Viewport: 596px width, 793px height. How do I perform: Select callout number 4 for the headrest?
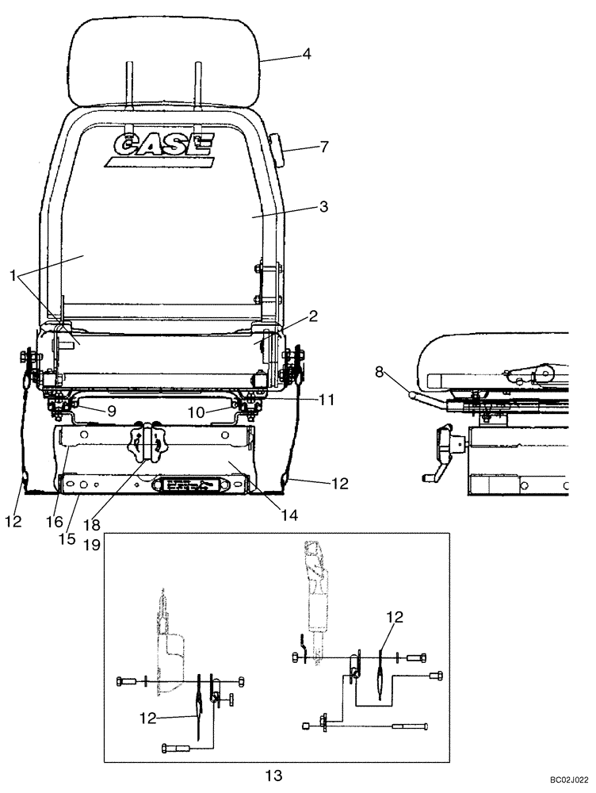click(x=306, y=56)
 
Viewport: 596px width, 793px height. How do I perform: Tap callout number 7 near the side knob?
click(x=301, y=147)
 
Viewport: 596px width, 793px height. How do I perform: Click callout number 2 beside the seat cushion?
click(x=313, y=316)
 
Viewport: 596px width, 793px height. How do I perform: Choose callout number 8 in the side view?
click(x=381, y=370)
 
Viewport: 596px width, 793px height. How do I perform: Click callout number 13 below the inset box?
click(x=273, y=775)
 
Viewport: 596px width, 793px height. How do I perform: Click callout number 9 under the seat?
click(x=112, y=412)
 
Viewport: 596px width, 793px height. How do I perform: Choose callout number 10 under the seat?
click(x=196, y=412)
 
